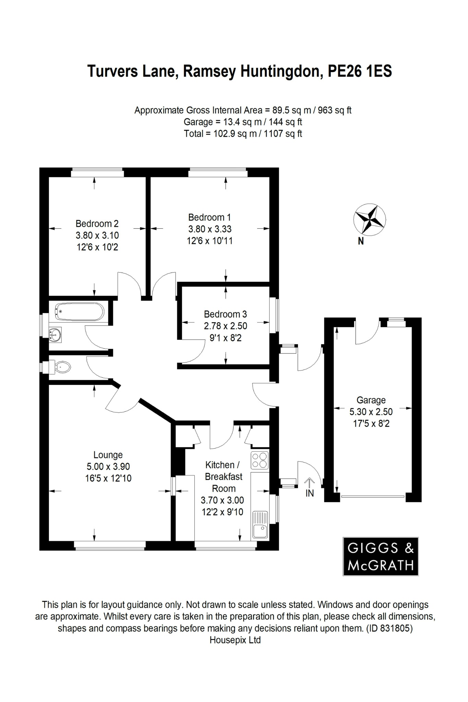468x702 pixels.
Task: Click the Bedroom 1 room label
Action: tap(209, 217)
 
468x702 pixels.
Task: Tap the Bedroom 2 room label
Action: tap(97, 224)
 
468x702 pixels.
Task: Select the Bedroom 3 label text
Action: tap(225, 314)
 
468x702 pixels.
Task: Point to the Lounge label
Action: tap(108, 455)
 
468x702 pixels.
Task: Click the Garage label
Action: tap(371, 400)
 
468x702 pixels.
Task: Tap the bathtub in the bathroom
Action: tap(79, 312)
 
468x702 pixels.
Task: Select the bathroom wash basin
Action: tap(55, 334)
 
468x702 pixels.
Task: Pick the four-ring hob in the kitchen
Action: tap(260, 460)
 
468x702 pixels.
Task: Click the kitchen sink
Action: tap(260, 524)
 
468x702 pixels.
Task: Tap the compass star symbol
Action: tap(370, 219)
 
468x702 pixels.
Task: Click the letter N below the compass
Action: tap(361, 242)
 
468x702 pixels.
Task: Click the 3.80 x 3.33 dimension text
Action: tap(209, 229)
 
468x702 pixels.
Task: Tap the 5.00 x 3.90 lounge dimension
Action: tap(108, 467)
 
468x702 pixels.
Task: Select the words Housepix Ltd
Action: tap(235, 640)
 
